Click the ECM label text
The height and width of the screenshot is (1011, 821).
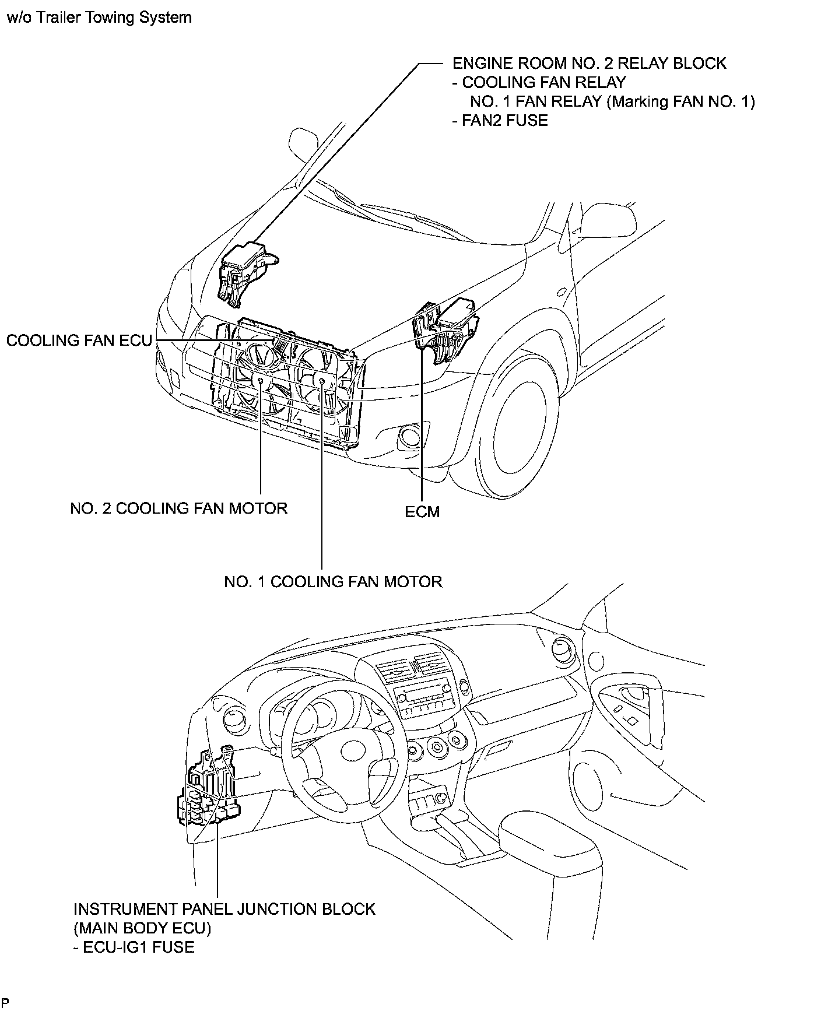click(422, 512)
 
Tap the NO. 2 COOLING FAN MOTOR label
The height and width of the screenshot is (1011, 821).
click(178, 508)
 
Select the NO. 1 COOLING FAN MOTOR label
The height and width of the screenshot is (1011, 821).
click(333, 582)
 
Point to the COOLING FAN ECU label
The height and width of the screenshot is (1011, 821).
click(79, 340)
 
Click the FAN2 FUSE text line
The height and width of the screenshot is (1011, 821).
click(500, 121)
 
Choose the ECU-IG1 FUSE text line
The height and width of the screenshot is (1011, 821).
click(134, 947)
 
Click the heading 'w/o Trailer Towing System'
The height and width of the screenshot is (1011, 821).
click(99, 17)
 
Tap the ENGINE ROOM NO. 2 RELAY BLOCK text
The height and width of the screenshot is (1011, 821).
click(589, 63)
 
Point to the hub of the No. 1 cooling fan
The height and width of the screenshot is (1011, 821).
click(322, 380)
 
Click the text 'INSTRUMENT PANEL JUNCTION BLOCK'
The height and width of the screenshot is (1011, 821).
click(224, 909)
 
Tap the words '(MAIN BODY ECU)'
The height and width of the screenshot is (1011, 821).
click(142, 928)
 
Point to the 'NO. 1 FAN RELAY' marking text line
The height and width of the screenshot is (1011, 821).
click(612, 101)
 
